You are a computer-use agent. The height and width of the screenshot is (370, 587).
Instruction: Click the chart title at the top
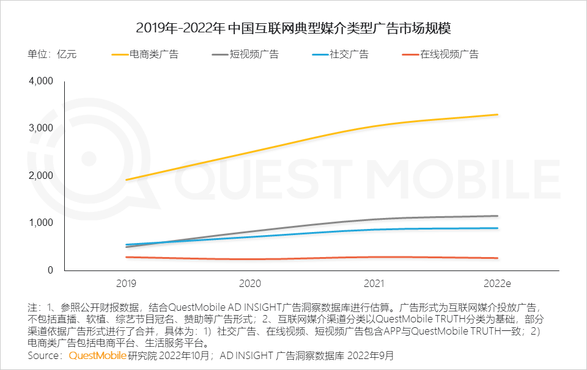pyautogui.click(x=293, y=28)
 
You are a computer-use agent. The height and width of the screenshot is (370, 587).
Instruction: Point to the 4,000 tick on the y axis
pyautogui.click(x=42, y=81)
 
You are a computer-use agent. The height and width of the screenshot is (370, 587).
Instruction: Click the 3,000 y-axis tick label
pyautogui.click(x=42, y=128)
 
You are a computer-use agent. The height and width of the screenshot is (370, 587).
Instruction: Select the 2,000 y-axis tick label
pyautogui.click(x=42, y=176)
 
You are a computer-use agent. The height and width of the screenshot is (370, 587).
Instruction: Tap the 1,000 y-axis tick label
pyautogui.click(x=42, y=223)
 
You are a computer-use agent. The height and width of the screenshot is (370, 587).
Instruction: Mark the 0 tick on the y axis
pyautogui.click(x=51, y=270)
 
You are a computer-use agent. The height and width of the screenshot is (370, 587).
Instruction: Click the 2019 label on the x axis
pyautogui.click(x=127, y=283)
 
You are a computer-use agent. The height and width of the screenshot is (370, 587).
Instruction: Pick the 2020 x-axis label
pyautogui.click(x=250, y=283)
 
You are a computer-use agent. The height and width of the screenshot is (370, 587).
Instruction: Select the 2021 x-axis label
pyautogui.click(x=374, y=283)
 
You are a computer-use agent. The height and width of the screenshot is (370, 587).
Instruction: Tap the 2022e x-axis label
pyautogui.click(x=497, y=283)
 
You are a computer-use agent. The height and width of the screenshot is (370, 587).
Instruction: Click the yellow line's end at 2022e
pyautogui.click(x=497, y=115)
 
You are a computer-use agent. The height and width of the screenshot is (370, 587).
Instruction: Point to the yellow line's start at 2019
pyautogui.click(x=127, y=180)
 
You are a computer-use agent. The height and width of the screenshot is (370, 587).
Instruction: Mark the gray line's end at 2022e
pyautogui.click(x=497, y=216)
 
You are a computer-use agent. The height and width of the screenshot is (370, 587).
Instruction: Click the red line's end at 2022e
pyautogui.click(x=497, y=258)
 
